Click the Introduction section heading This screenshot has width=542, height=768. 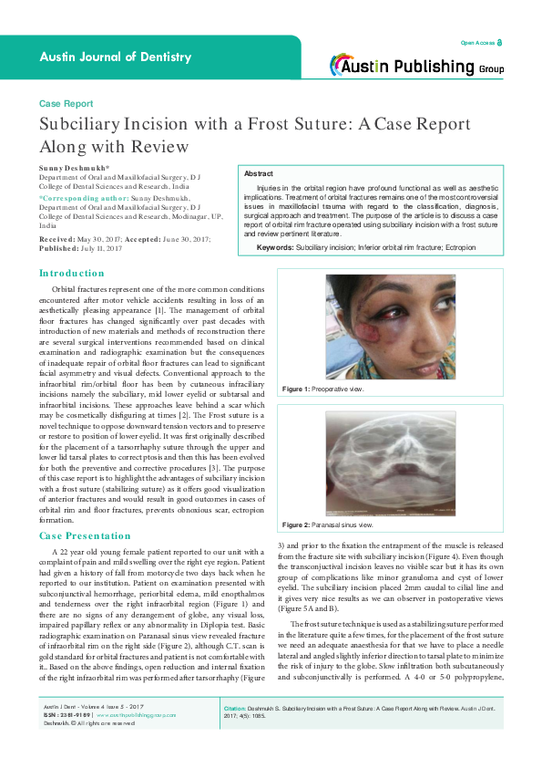[x=72, y=274]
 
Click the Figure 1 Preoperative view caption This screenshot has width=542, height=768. [x=324, y=389]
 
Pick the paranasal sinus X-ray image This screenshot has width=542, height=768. [x=391, y=461]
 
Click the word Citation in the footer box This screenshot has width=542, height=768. [x=239, y=733]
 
